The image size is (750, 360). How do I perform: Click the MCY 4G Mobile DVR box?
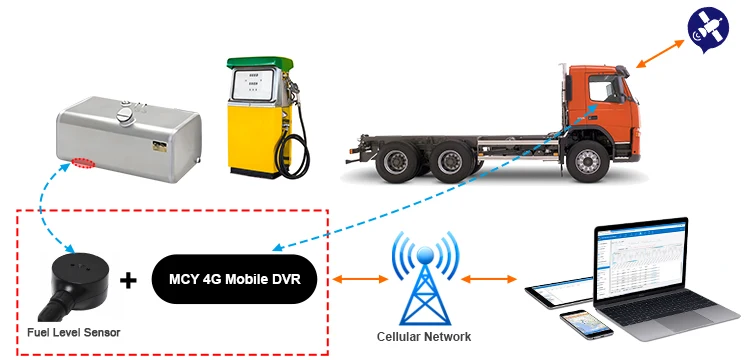click(236, 277)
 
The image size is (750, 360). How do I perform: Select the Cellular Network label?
click(423, 336)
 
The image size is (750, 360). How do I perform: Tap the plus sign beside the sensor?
click(128, 280)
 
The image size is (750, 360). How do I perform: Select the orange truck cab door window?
click(603, 91)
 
